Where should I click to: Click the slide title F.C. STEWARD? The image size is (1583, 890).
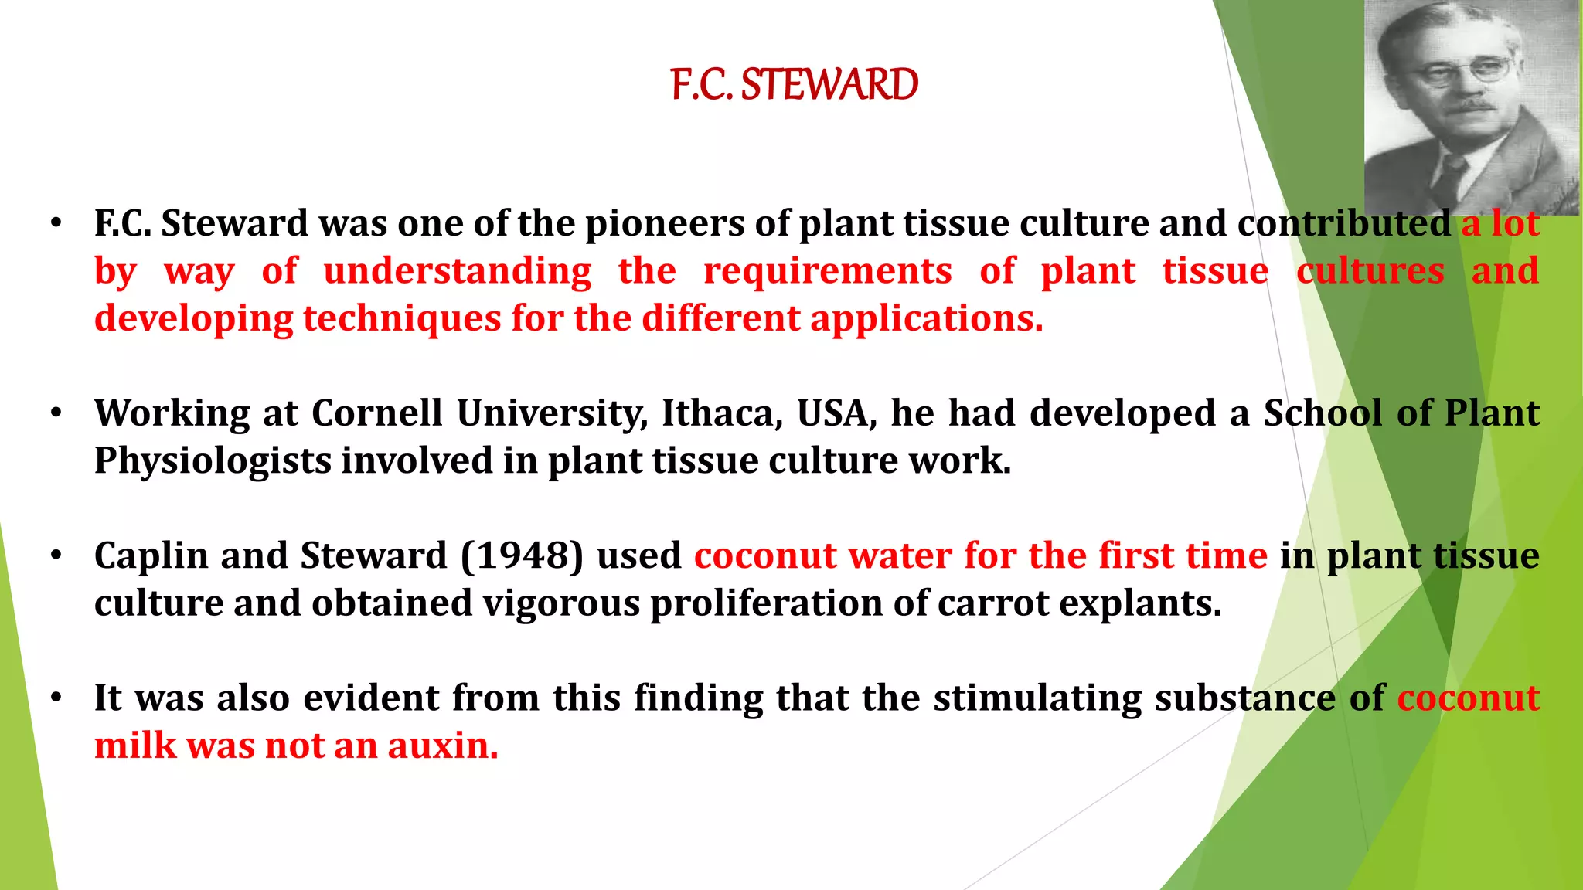point(794,84)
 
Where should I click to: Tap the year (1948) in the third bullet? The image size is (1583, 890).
point(523,555)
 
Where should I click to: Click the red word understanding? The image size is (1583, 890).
point(458,271)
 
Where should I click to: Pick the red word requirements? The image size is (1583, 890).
point(827,271)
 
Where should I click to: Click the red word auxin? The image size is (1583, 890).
point(442,746)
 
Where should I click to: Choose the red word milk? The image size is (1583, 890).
point(135,746)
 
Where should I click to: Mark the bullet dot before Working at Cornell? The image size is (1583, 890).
point(56,414)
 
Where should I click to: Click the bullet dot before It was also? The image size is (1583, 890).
point(56,698)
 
